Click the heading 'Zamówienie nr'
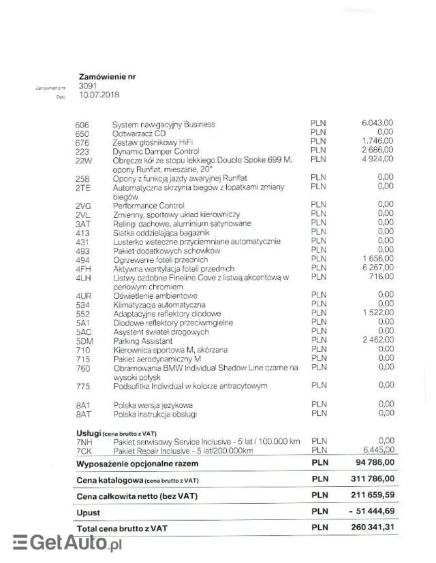click(x=107, y=77)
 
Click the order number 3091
click(x=87, y=86)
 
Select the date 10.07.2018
click(x=98, y=95)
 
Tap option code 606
click(x=82, y=125)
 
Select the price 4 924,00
click(x=378, y=159)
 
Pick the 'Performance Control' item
click(x=149, y=206)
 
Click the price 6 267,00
click(x=378, y=268)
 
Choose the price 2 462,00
click(x=378, y=340)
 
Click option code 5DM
click(x=84, y=340)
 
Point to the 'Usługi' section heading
click(x=89, y=433)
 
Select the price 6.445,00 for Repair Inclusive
click(x=378, y=450)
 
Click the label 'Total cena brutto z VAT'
click(x=123, y=528)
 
